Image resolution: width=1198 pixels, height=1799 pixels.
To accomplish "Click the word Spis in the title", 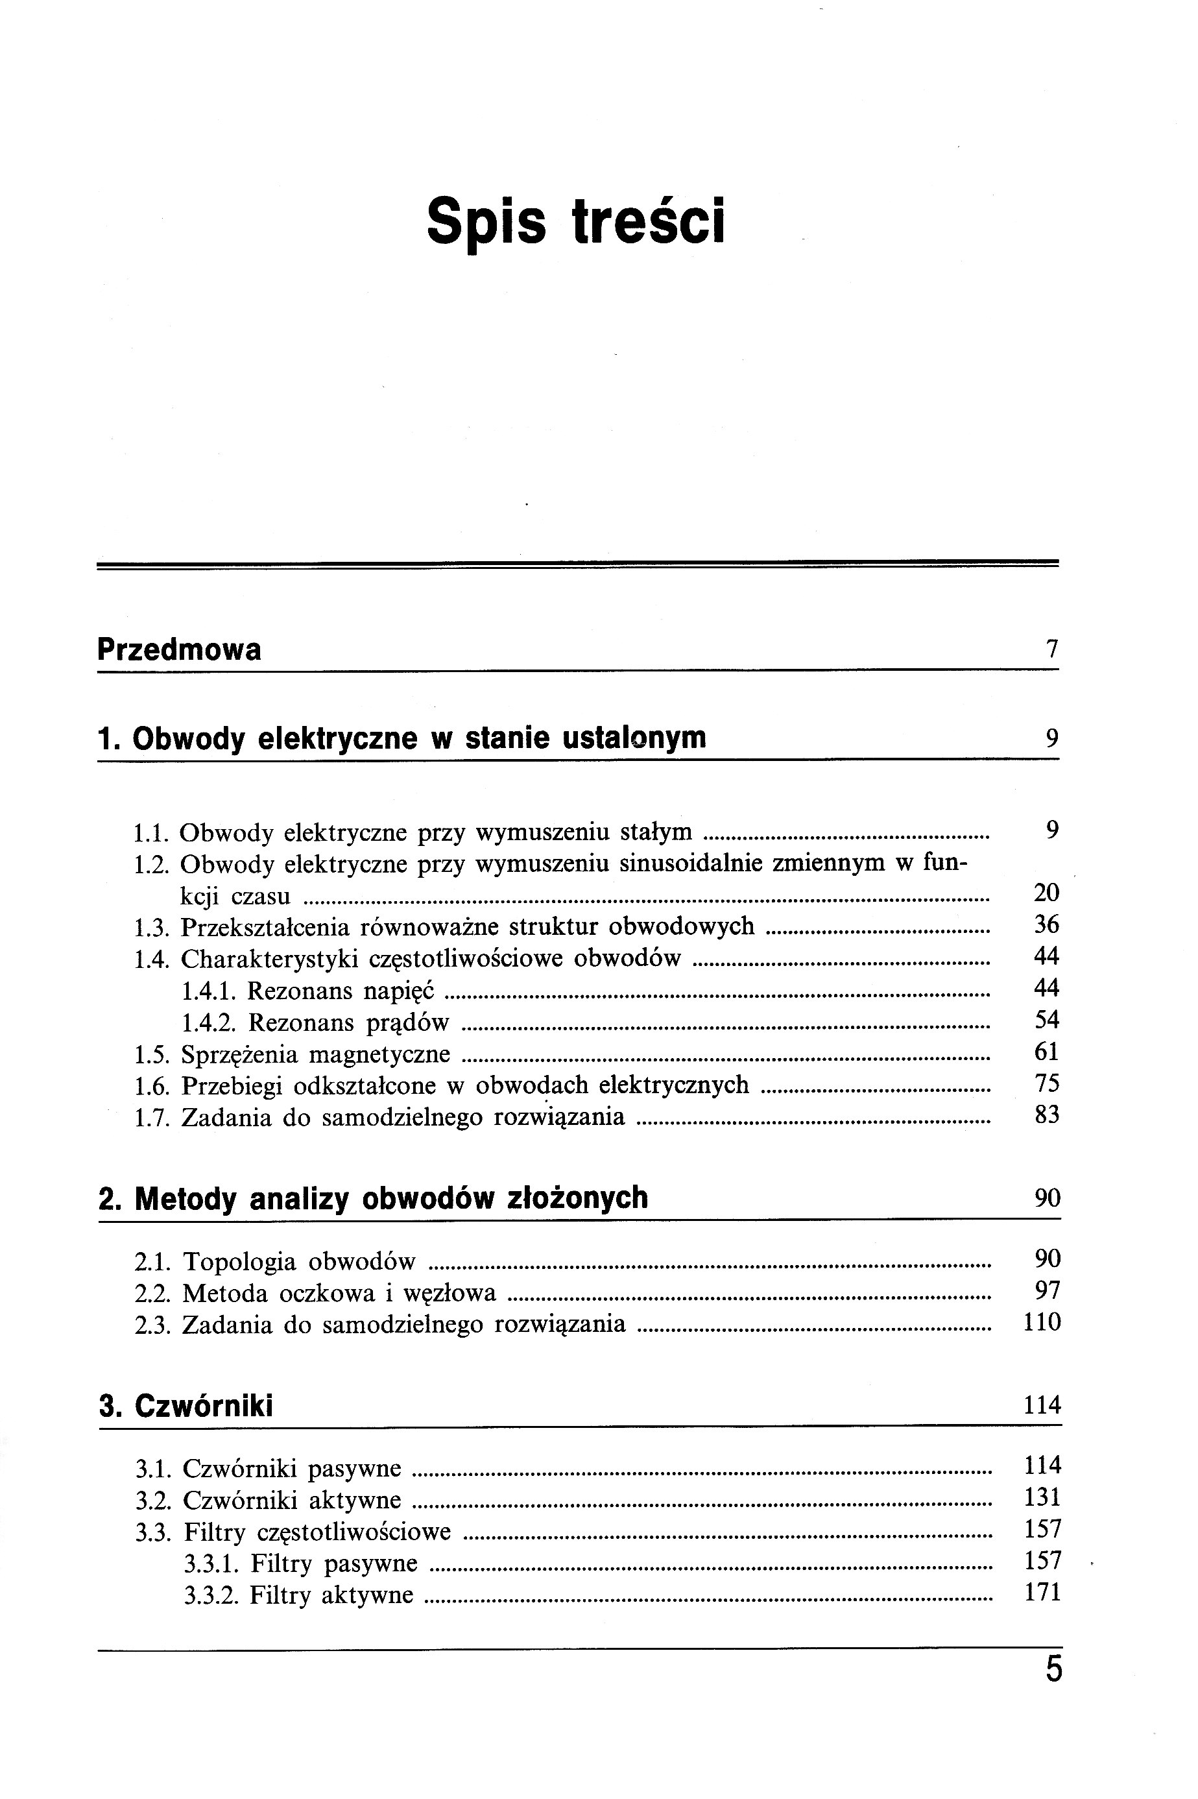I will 486,222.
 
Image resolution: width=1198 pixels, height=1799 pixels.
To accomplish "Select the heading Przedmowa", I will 179,649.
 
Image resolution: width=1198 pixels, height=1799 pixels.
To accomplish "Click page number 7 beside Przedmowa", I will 1051,649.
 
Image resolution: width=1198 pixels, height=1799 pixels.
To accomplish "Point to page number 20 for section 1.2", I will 1046,893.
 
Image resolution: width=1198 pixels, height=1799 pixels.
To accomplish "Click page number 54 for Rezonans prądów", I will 1046,1020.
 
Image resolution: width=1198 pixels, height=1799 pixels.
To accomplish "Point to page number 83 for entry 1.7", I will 1047,1116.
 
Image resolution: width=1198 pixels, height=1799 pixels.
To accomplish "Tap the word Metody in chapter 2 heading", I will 185,1198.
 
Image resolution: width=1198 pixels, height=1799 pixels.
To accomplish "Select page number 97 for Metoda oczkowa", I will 1048,1292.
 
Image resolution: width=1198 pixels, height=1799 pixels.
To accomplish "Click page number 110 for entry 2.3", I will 1042,1323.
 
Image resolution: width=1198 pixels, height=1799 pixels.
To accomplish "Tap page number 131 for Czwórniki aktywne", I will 1042,1497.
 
